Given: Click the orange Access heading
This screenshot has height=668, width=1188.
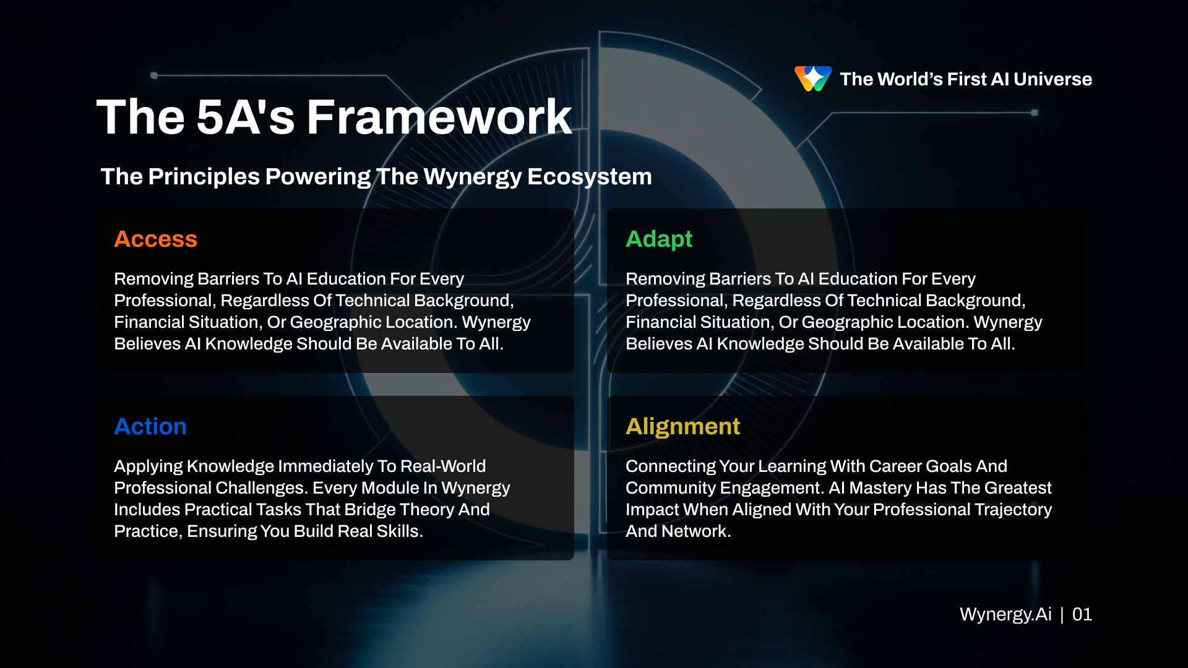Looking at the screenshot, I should pos(155,239).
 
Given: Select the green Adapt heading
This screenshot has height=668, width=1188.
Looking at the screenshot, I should pos(658,239).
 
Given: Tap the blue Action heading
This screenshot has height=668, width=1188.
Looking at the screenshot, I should pos(150,427).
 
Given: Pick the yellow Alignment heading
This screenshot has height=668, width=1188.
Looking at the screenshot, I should pos(682,427).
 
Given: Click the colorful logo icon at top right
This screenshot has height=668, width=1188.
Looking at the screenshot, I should pos(812,79).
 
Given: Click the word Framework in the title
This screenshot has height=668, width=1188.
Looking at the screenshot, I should pos(439,118).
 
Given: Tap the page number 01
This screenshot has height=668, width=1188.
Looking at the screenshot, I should pos(1082,614).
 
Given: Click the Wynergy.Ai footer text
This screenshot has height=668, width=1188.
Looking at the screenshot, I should pos(1005,614).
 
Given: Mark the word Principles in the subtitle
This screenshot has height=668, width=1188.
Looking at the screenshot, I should pos(204,177).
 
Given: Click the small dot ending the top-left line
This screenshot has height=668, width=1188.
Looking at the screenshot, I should pos(154,75).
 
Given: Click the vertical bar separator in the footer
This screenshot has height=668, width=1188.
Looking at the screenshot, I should pos(1062,614).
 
